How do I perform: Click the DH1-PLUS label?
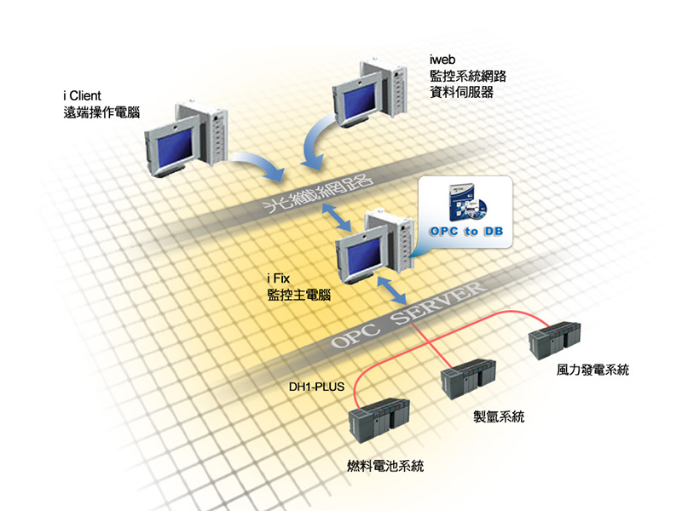pyautogui.click(x=316, y=388)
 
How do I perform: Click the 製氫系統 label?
pyautogui.click(x=499, y=417)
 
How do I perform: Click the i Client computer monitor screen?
pyautogui.click(x=163, y=148)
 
